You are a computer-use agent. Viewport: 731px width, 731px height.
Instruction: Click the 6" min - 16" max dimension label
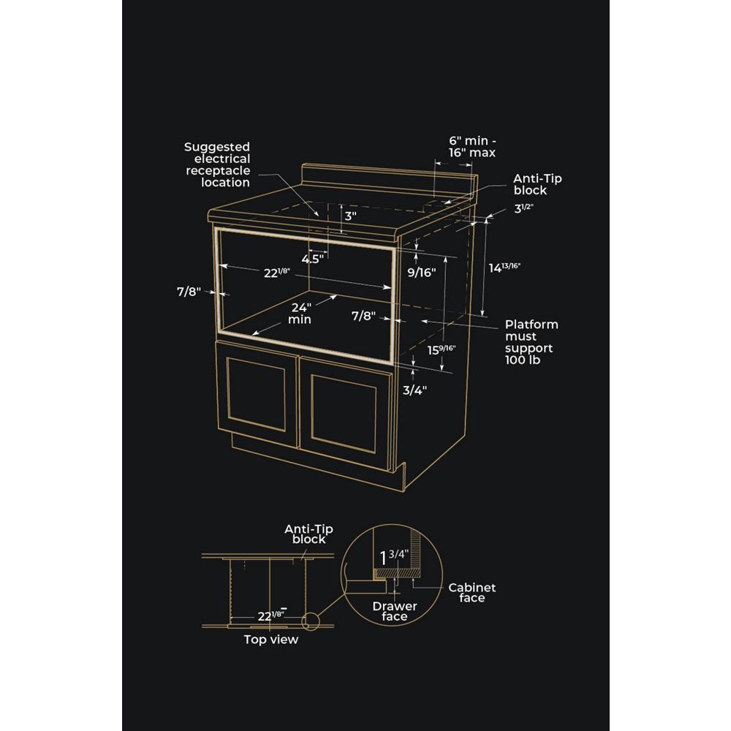pos(472,146)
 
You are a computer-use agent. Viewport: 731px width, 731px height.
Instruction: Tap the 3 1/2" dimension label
pos(523,208)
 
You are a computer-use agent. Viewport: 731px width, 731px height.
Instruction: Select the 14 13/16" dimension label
pos(504,268)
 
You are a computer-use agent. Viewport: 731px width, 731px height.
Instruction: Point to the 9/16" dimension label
pos(422,273)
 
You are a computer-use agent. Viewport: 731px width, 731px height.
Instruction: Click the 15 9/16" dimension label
pos(442,349)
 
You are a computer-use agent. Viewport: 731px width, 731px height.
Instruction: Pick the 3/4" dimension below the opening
pos(414,390)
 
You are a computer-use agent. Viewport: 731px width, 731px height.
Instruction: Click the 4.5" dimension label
pos(313,259)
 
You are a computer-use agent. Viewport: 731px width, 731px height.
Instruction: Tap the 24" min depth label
pos(300,314)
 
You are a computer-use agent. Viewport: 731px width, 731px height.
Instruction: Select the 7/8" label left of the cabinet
pos(189,292)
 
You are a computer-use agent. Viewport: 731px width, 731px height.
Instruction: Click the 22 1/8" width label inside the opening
pos(277,273)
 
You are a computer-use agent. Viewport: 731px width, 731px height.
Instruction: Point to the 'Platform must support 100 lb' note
pos(531,342)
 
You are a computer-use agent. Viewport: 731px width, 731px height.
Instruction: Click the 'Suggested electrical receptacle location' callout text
pos(218,164)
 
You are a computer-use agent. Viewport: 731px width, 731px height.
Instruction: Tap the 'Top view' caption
pos(271,640)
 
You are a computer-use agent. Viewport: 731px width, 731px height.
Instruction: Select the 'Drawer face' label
pos(395,611)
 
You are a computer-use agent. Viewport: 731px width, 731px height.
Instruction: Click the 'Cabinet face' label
pos(472,593)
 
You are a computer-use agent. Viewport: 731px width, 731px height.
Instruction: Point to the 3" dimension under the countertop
pos(350,216)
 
